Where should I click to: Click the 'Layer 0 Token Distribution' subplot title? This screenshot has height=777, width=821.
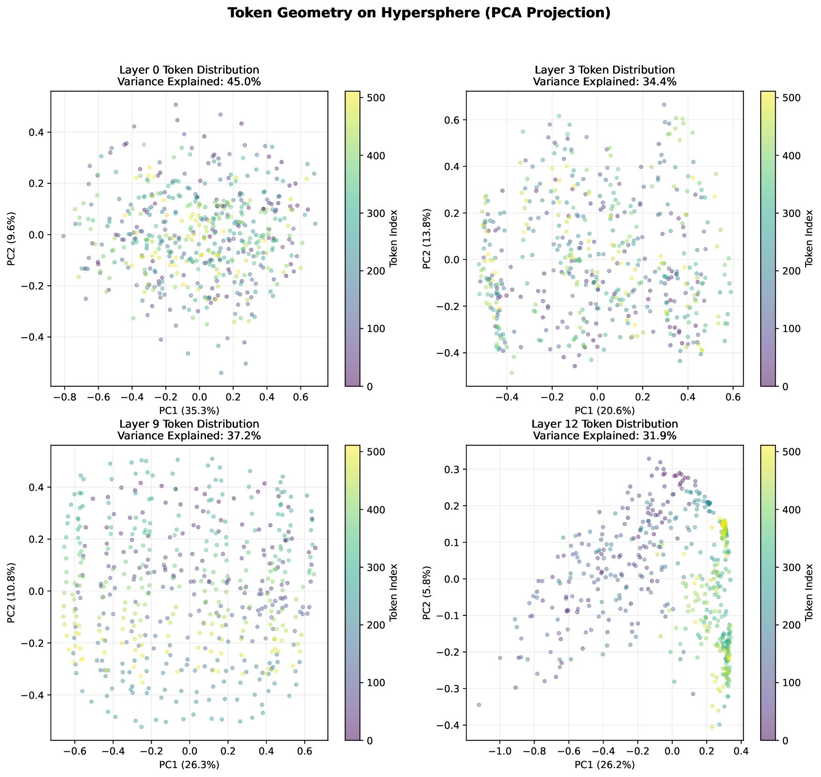pos(189,70)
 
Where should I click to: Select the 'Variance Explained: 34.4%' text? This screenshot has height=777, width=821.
pos(605,81)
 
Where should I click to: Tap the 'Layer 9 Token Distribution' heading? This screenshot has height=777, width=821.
pos(189,424)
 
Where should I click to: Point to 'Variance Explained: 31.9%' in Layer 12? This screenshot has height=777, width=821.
pos(605,436)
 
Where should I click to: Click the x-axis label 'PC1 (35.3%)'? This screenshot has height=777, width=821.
pos(189,411)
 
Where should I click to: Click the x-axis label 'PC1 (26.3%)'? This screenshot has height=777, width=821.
pos(189,765)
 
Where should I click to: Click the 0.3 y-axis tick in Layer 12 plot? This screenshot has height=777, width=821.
pos(452,469)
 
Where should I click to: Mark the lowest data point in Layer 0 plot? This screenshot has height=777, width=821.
pos(221,373)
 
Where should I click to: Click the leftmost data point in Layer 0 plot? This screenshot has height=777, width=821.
pos(63,236)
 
